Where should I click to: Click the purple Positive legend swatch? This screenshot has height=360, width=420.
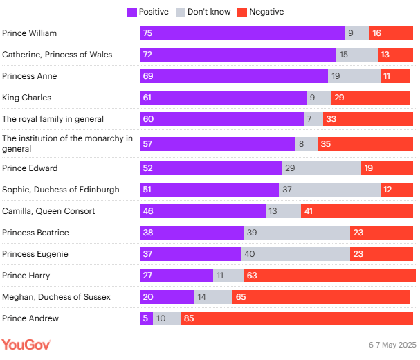click(x=132, y=12)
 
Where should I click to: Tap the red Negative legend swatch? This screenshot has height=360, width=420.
click(x=242, y=12)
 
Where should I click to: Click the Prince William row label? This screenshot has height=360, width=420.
click(x=30, y=33)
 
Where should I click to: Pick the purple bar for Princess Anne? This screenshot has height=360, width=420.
click(x=234, y=76)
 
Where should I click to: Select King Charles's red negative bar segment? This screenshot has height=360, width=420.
click(x=370, y=98)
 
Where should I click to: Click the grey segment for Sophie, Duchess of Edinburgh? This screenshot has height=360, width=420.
click(x=329, y=190)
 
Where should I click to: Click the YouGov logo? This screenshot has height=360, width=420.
click(x=26, y=344)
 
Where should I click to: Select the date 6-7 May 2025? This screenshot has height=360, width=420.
click(x=392, y=345)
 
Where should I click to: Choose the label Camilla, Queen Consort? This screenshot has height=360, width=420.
click(x=48, y=211)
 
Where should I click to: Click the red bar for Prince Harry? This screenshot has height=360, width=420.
click(x=329, y=276)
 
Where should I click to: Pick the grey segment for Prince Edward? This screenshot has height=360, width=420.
click(x=321, y=168)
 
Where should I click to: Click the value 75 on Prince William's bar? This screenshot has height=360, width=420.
click(x=148, y=33)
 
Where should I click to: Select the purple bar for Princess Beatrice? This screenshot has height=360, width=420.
click(x=192, y=233)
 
